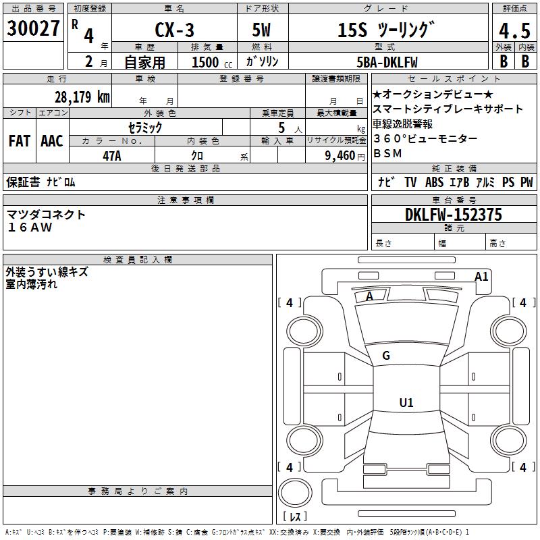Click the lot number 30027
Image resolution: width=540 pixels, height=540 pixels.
click(x=33, y=28)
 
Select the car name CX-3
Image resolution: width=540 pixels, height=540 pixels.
click(x=174, y=30)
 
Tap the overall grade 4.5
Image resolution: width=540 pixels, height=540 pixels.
click(x=514, y=31)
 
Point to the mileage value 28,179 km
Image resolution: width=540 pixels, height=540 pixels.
click(x=82, y=97)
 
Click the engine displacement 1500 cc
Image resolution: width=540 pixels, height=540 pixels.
click(x=212, y=62)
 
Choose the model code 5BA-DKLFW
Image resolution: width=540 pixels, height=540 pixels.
click(x=387, y=62)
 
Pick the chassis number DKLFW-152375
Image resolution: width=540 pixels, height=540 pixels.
click(x=454, y=215)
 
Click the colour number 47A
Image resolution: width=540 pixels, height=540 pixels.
click(x=112, y=156)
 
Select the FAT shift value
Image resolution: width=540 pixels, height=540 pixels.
click(x=20, y=141)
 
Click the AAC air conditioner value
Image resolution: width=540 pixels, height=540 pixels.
click(x=52, y=141)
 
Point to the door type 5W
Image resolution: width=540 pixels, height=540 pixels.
click(x=261, y=30)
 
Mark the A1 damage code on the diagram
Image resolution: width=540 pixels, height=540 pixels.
click(x=481, y=277)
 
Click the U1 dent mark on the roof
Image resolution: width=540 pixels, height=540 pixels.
click(x=406, y=402)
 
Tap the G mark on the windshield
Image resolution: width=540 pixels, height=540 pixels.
click(x=386, y=356)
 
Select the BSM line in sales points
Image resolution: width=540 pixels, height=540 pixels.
click(x=387, y=153)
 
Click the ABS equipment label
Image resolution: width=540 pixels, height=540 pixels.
click(x=434, y=182)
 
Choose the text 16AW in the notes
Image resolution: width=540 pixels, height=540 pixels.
click(x=30, y=227)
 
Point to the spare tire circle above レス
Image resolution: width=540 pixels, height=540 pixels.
click(x=295, y=493)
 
